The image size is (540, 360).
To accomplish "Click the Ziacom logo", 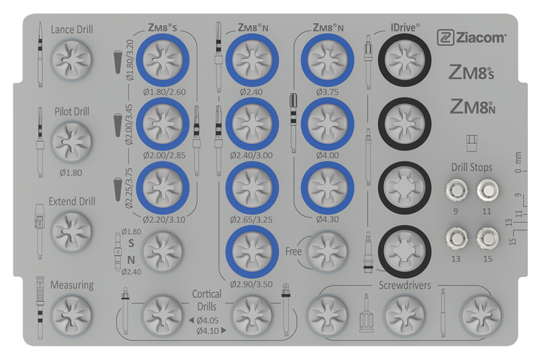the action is [471, 38].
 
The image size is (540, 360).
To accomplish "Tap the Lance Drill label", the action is [72, 30].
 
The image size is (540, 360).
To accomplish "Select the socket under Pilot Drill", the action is [72, 142].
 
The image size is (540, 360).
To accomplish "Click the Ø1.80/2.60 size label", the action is [164, 92].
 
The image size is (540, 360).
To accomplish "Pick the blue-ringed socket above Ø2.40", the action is [252, 60].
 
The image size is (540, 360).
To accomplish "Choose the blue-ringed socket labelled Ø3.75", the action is [327, 60].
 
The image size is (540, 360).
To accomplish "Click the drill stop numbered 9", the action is [456, 190].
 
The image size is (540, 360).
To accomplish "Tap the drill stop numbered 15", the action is [487, 238].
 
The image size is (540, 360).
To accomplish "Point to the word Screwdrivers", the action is [404, 285].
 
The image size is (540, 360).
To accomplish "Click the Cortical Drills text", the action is [207, 300].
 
